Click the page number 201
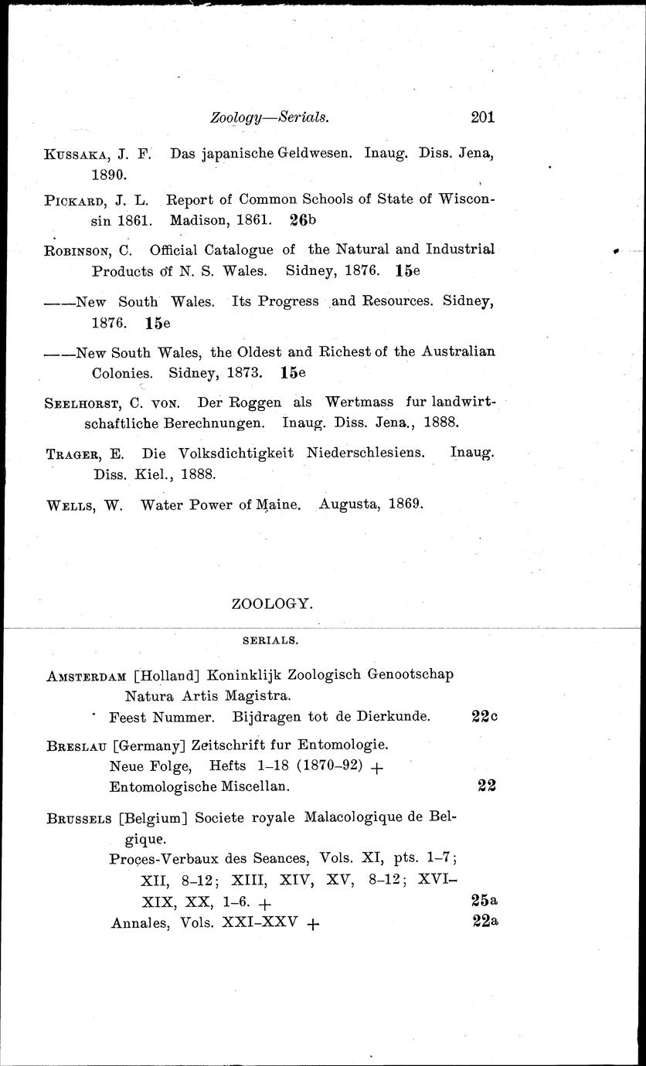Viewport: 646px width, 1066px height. [481, 117]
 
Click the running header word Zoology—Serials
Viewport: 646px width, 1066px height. [270, 118]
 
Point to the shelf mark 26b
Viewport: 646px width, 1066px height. [303, 219]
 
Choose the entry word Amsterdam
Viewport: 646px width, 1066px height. [86, 675]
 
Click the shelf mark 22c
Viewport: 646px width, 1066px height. [484, 716]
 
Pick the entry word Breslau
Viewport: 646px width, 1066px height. [76, 746]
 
